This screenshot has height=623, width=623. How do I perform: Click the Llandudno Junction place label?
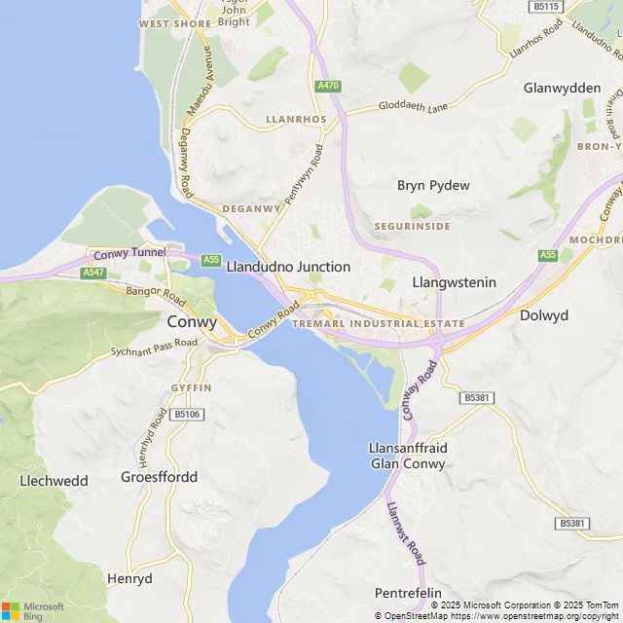coord(288,266)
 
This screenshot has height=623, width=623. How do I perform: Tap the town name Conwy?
coord(193,321)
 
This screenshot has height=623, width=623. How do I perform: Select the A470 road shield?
coord(328,87)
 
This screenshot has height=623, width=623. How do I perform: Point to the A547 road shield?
coord(93,274)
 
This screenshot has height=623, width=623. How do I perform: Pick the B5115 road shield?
coord(547,6)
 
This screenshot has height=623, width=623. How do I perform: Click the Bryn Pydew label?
coord(433,185)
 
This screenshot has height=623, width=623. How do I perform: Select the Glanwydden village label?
coord(562,88)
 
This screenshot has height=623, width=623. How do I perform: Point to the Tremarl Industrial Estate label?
coord(379,323)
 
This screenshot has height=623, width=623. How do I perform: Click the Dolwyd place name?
coord(544,315)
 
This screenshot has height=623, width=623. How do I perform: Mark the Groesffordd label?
coord(159,477)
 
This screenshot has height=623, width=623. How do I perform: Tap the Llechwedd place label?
coord(54,481)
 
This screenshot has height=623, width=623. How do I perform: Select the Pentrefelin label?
coord(408,593)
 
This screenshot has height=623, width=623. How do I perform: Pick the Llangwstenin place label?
coord(455,282)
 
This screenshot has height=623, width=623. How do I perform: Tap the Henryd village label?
coord(129,578)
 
